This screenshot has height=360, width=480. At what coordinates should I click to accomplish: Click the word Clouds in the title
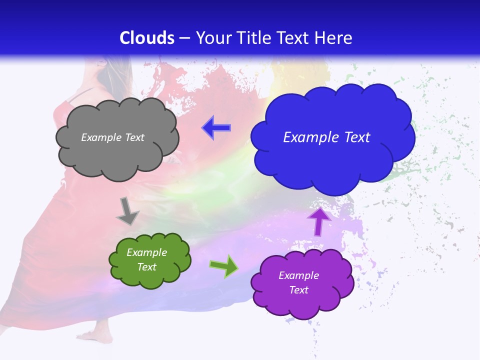[147, 38]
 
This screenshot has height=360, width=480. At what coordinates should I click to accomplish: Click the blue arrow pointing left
[216, 128]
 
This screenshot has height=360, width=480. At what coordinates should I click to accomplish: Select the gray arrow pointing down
[127, 211]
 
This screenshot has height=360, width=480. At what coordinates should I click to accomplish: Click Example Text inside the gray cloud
[112, 137]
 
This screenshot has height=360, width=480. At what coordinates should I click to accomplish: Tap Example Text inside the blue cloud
[326, 137]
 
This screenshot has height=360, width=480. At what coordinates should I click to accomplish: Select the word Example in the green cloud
[146, 252]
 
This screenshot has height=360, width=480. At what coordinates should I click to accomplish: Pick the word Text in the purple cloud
[298, 290]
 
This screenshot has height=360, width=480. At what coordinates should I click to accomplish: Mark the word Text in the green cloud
[146, 267]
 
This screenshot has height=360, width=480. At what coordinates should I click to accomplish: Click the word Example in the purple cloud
[298, 275]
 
